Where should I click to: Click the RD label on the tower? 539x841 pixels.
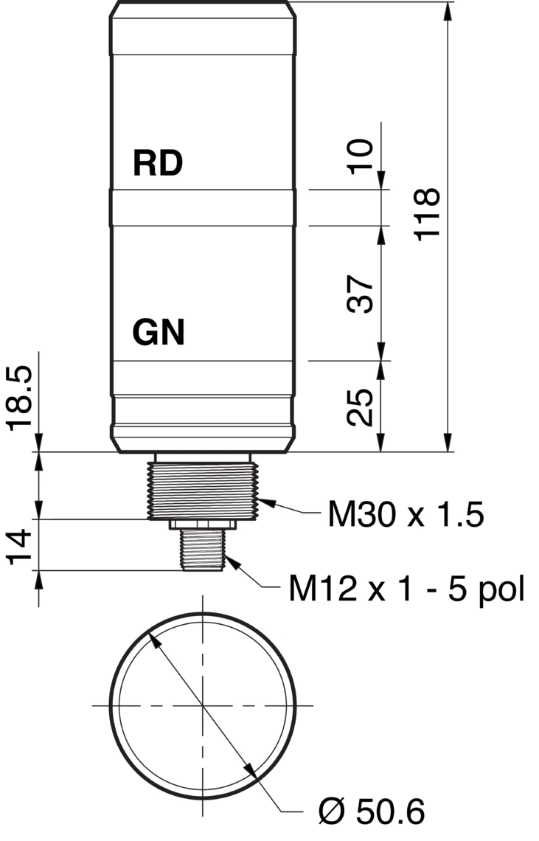[158, 163]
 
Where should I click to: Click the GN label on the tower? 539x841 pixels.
[159, 332]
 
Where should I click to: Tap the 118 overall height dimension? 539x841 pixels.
[428, 214]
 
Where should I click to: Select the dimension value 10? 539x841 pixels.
[361, 156]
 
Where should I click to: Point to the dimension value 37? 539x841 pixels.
[360, 294]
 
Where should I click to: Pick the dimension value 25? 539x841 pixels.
[360, 406]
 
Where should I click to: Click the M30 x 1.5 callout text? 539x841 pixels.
[406, 514]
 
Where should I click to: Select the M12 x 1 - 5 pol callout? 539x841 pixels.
[406, 589]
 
